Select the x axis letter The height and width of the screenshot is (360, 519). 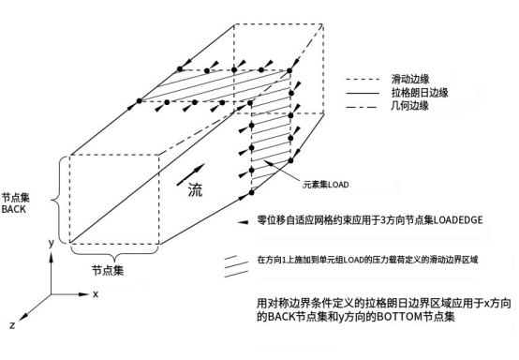click(x=96, y=292)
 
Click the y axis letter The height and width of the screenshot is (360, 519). click(x=50, y=242)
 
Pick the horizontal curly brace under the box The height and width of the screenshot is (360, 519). click(x=111, y=255)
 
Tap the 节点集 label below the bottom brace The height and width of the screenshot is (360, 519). click(x=110, y=270)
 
